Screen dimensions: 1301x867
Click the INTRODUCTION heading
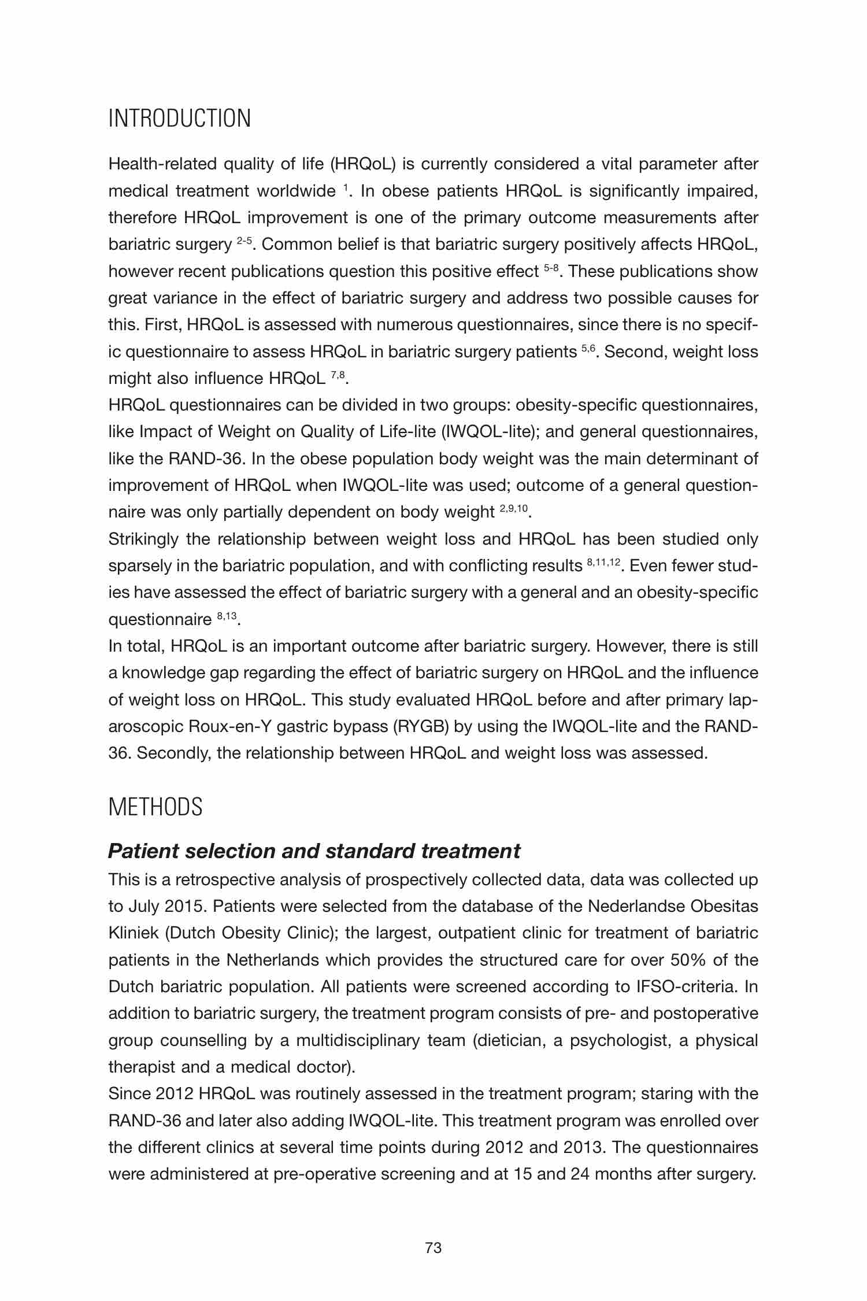coord(180,119)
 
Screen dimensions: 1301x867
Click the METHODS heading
coord(155,807)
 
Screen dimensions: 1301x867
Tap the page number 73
coord(433,1248)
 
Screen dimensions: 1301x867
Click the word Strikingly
coord(143,539)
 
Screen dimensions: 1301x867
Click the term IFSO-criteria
coord(687,986)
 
